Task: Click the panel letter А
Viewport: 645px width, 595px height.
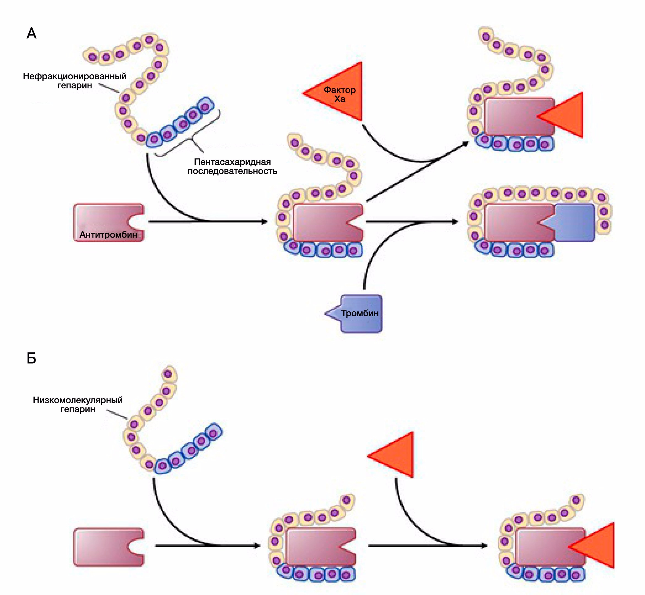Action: coord(31,33)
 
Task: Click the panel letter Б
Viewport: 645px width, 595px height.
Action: coord(31,358)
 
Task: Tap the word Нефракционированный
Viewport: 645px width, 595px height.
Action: coord(74,76)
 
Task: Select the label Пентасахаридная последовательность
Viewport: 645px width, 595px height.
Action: coord(232,166)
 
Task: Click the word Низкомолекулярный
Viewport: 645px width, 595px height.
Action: coord(78,400)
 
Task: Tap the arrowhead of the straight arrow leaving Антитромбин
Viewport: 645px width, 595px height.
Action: coord(265,221)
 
